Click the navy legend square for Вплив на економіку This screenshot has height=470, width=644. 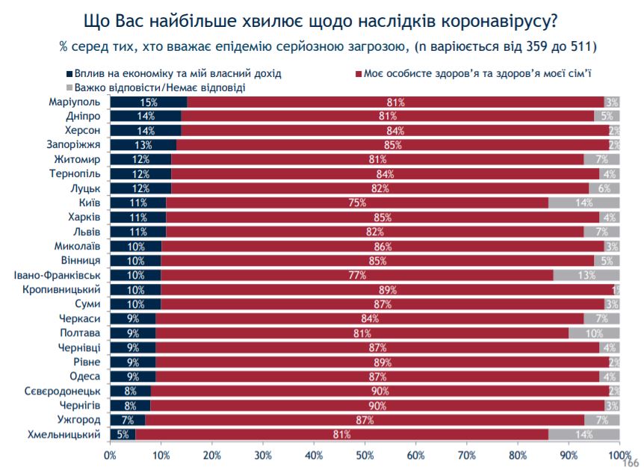[x=69, y=75]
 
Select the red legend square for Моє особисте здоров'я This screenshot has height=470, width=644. [x=359, y=75]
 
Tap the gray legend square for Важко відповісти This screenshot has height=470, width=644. [x=69, y=87]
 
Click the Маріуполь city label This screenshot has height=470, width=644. [x=75, y=102]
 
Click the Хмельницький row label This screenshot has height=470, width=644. [x=65, y=434]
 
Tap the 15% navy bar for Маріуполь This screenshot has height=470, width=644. [x=148, y=102]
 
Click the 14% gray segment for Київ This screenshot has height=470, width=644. [x=583, y=202]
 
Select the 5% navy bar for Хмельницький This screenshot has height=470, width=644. [x=123, y=434]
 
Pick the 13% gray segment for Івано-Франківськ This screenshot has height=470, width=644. [x=586, y=275]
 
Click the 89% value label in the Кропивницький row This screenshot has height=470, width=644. [x=386, y=290]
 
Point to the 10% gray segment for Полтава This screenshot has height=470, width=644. [x=594, y=333]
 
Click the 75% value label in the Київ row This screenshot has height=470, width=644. [x=356, y=202]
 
